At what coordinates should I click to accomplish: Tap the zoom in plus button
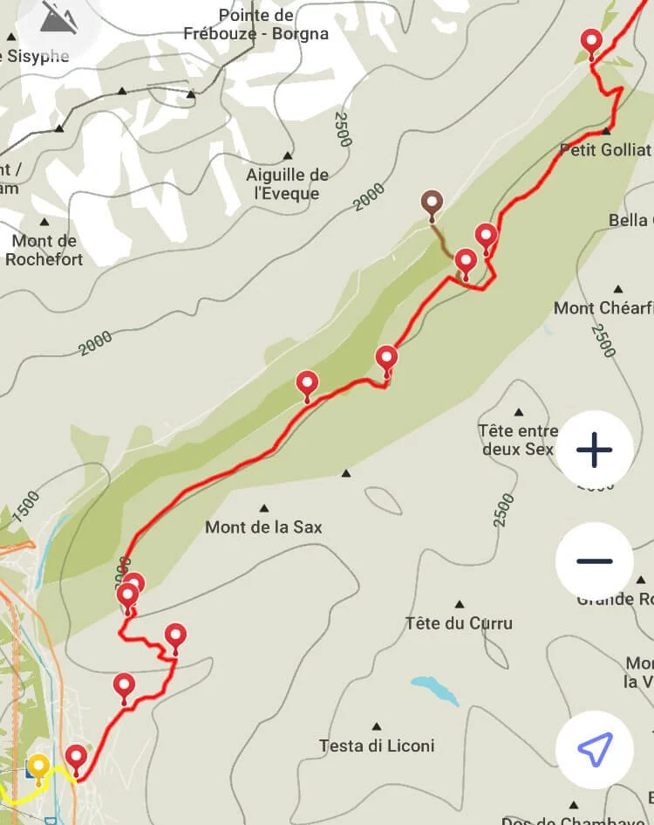[x=595, y=450]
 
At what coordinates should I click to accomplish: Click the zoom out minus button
[x=595, y=560]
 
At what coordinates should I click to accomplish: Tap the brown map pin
[x=432, y=204]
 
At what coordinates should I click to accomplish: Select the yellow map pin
[x=38, y=767]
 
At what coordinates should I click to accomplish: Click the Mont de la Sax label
[x=263, y=527]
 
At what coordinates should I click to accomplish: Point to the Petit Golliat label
[x=605, y=150]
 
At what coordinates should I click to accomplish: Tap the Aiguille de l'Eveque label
[x=287, y=184]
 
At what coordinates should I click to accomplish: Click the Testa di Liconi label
[x=377, y=746]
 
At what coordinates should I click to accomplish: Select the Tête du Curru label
[x=459, y=623]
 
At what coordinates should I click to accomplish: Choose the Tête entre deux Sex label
[x=518, y=440]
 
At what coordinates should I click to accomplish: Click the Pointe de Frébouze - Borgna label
[x=255, y=24]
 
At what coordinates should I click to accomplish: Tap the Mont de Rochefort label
[x=44, y=250]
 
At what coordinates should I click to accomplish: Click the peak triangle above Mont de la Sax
[x=264, y=507]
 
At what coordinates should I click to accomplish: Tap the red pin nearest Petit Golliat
[x=592, y=42]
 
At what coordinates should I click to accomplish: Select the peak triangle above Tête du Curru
[x=460, y=603]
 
